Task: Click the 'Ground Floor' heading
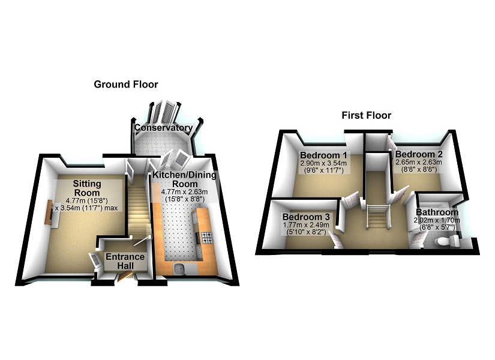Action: tap(126, 85)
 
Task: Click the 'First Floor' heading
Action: tap(366, 115)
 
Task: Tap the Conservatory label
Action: tap(163, 128)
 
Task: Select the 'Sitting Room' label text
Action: tap(87, 188)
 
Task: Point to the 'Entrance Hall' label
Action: tap(125, 261)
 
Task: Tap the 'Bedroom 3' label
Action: tap(306, 217)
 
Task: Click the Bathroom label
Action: tap(437, 212)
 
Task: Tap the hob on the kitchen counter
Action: tap(206, 238)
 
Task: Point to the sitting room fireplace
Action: tap(49, 213)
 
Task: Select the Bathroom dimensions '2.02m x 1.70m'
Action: tap(437, 220)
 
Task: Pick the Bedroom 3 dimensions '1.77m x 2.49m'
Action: tap(305, 225)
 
